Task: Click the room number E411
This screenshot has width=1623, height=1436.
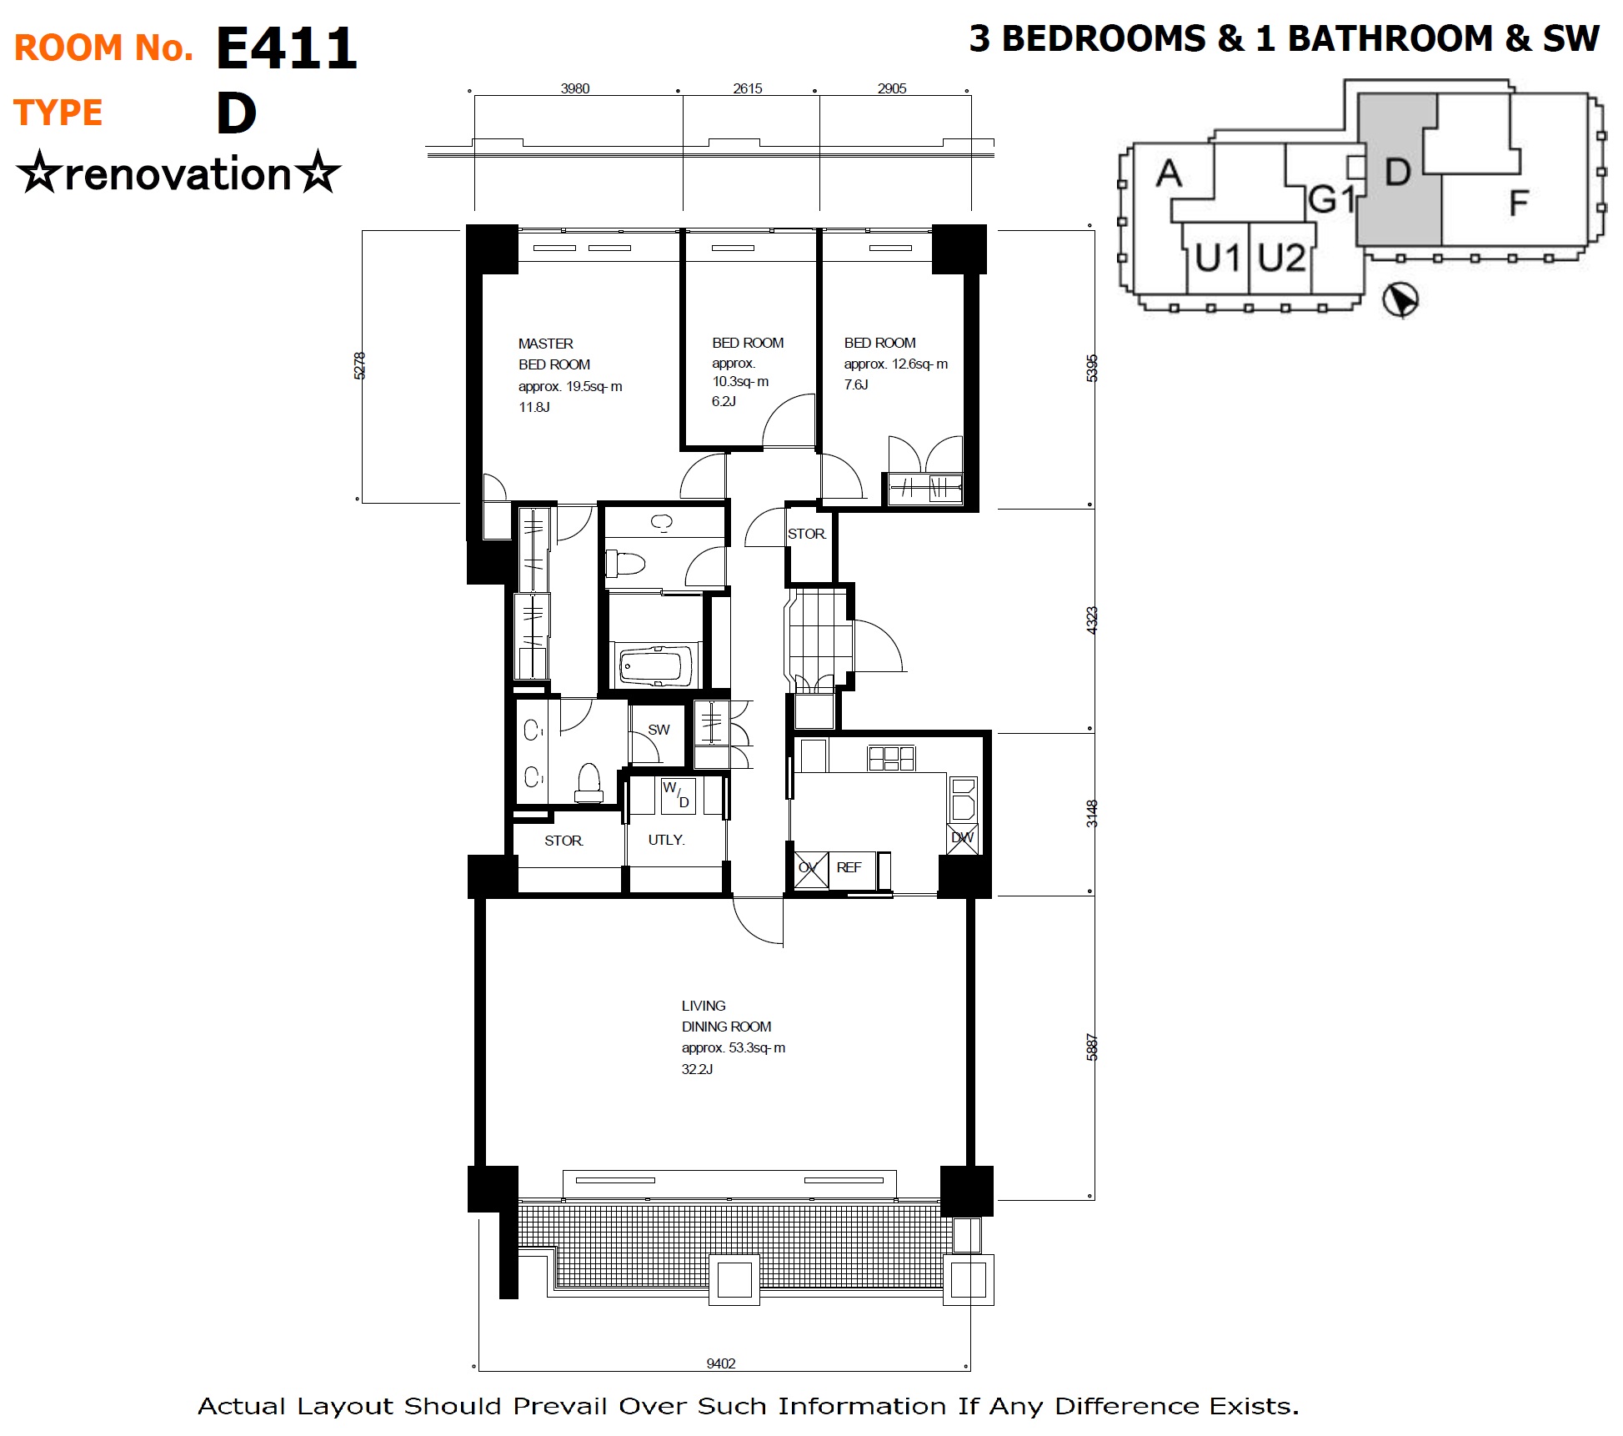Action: (x=286, y=48)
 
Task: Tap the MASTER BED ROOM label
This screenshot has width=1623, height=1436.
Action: (x=554, y=354)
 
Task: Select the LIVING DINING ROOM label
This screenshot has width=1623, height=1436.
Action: (x=726, y=1016)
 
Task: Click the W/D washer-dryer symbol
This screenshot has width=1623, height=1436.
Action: (x=677, y=795)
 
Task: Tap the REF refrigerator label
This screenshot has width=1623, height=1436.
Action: (x=849, y=867)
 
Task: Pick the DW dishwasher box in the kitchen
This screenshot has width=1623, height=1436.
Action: (x=963, y=837)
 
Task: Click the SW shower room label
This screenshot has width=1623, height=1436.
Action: (x=659, y=730)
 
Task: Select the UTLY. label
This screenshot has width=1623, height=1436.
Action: (x=666, y=840)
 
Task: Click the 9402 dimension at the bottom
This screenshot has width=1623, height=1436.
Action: (x=721, y=1363)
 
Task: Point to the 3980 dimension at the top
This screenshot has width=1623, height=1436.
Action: (x=575, y=88)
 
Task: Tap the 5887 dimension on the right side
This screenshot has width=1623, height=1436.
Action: (x=1092, y=1047)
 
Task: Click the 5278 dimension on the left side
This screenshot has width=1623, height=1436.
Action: (x=359, y=365)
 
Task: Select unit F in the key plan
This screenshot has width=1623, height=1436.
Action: (x=1519, y=203)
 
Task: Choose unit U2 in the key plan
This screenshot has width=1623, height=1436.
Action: (x=1281, y=258)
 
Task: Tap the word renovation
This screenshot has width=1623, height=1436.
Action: (x=178, y=174)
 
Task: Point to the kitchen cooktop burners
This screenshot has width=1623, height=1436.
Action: (x=891, y=758)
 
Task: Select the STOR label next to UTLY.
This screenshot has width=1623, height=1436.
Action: (x=564, y=841)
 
